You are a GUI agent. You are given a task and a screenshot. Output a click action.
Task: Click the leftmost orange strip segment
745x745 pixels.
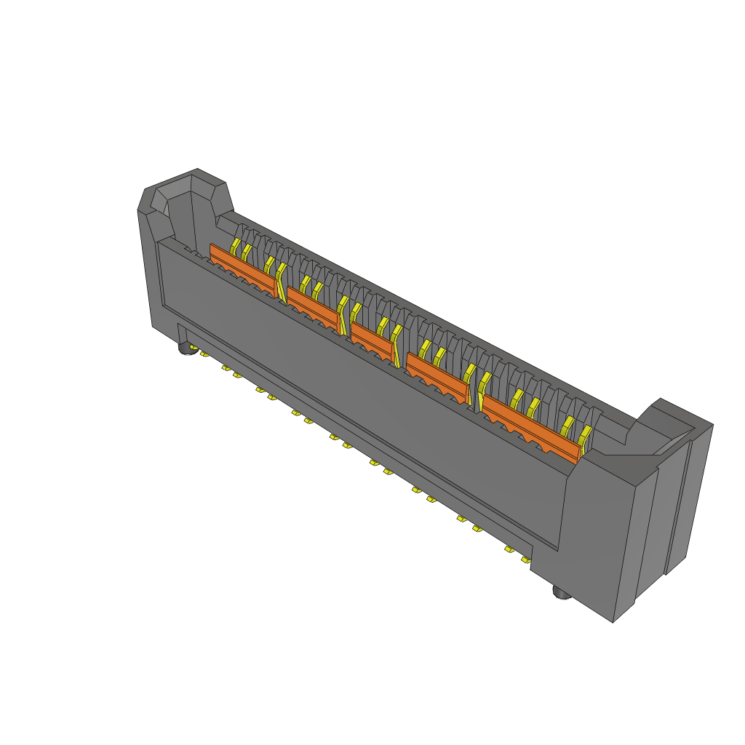click(242, 266)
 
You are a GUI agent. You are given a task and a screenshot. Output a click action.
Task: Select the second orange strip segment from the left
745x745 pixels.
click(313, 305)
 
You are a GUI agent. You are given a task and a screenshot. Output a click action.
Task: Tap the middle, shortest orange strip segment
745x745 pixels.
click(372, 337)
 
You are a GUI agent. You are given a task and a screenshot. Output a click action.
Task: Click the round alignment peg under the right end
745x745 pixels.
click(562, 593)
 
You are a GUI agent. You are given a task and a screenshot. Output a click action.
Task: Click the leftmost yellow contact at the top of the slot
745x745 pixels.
click(236, 245)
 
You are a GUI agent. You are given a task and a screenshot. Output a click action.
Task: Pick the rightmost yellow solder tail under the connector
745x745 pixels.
click(525, 559)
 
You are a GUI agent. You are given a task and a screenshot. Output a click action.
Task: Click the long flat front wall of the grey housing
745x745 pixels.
click(364, 393)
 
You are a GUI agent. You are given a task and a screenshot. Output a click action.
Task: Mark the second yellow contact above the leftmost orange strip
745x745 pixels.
click(247, 252)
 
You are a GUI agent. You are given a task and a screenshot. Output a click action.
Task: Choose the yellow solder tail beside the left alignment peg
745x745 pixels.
click(204, 355)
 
